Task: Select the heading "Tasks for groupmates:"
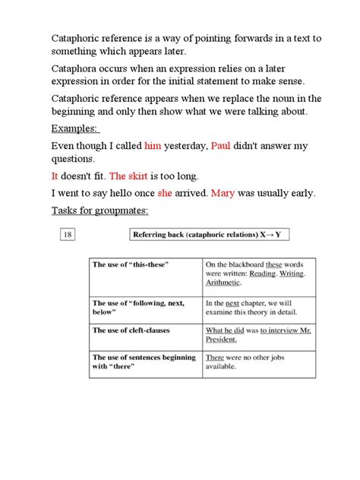pyautogui.click(x=99, y=210)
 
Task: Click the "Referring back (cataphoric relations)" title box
pyautogui.click(x=206, y=235)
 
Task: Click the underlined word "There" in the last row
pyautogui.click(x=215, y=357)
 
